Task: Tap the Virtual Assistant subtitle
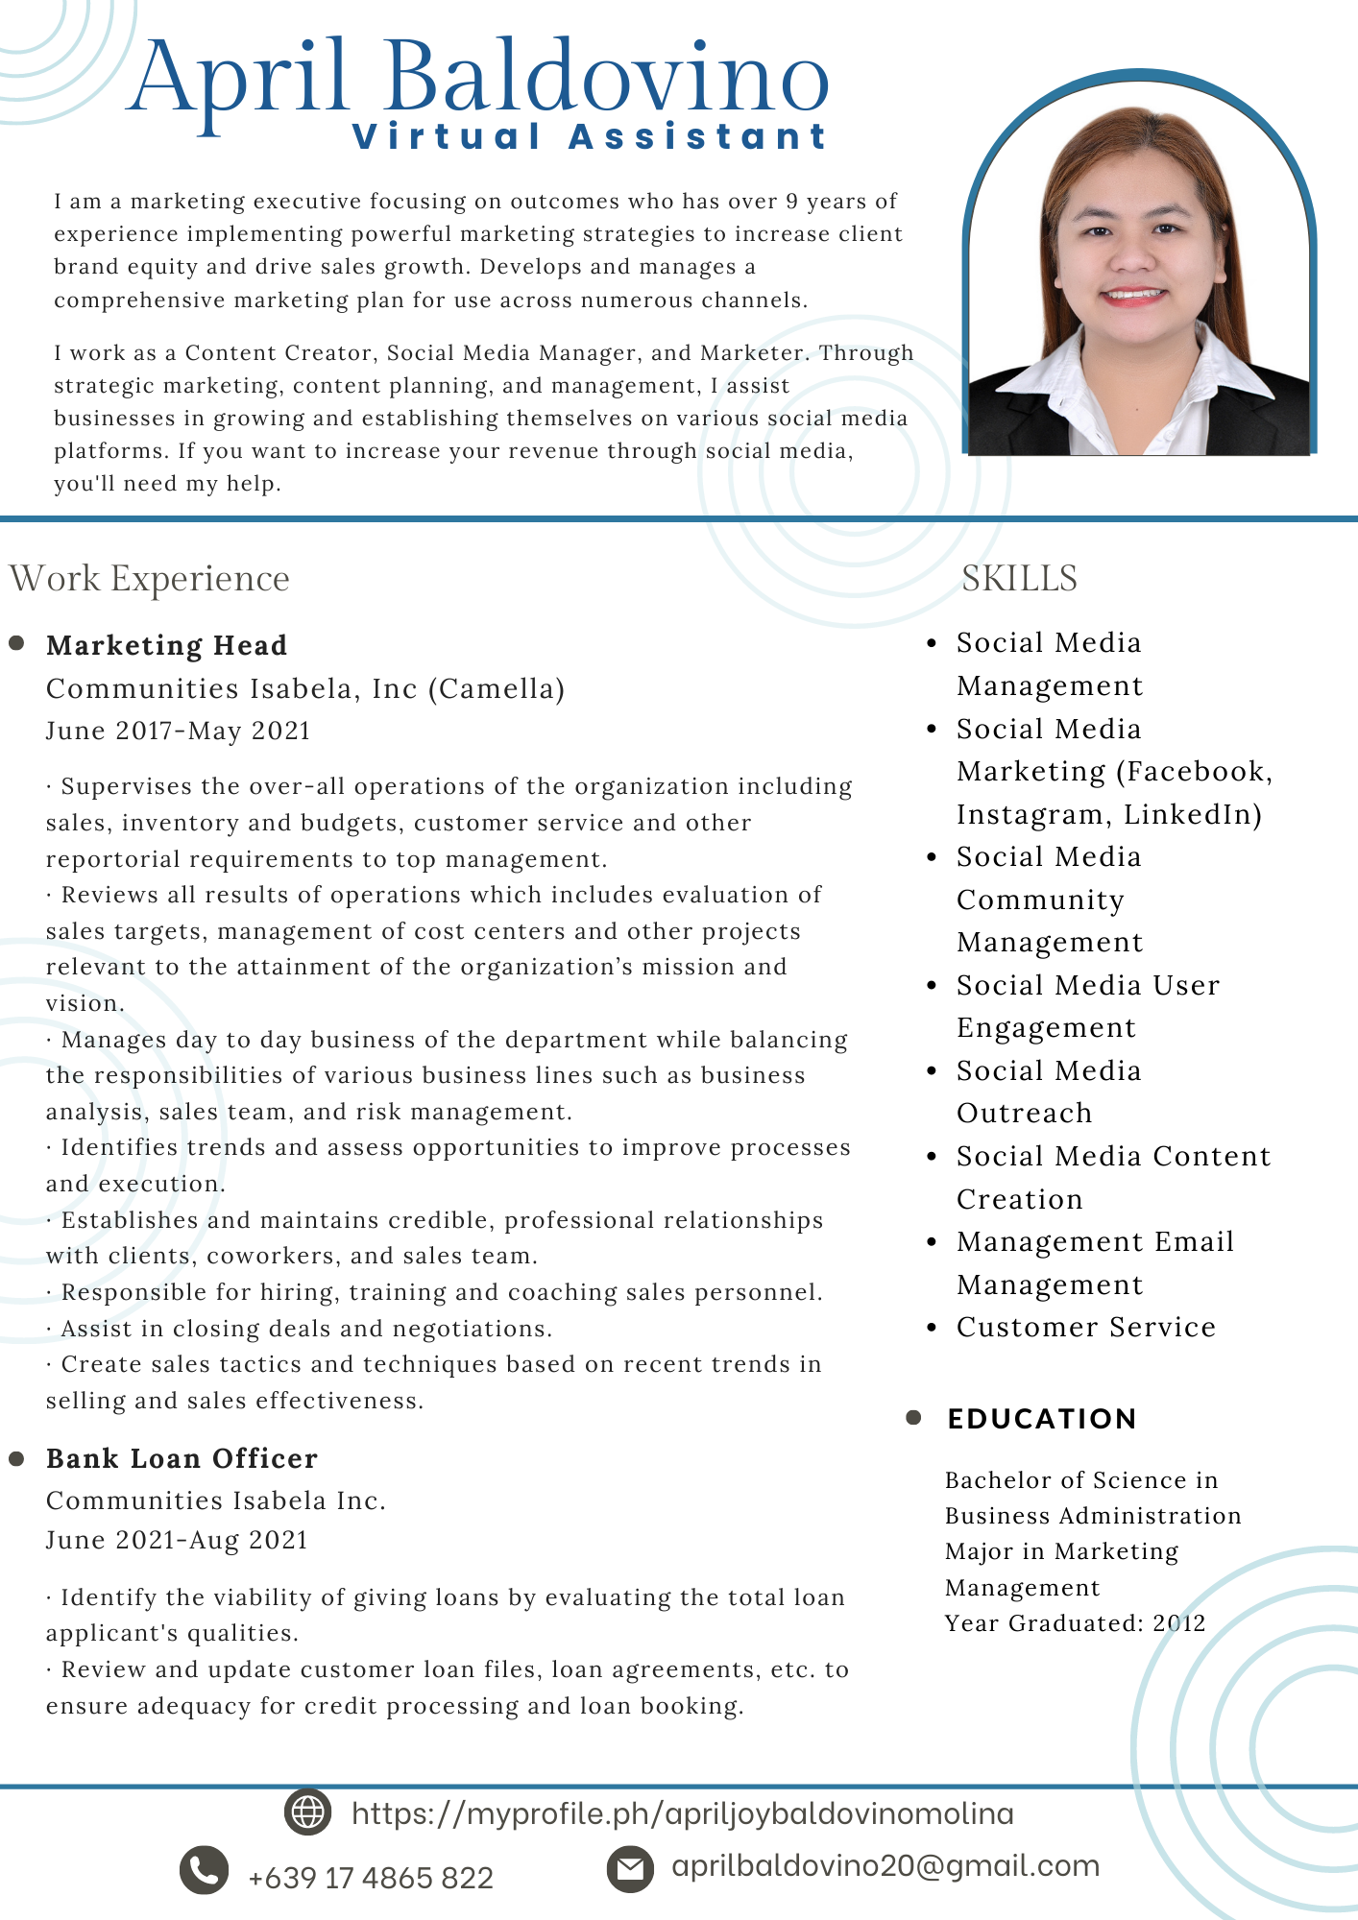pos(589,136)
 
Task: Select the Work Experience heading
pos(150,579)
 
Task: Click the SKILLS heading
pos(1019,579)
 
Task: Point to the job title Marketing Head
pos(166,645)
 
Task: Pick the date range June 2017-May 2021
pos(179,731)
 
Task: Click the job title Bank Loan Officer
pos(182,1458)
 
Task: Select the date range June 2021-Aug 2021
pos(177,1540)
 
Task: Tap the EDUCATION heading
pos(1042,1418)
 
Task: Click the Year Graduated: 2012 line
pos(1075,1622)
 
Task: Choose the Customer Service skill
pos(1086,1327)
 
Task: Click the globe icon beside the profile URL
pos(308,1812)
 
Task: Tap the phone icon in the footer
pos(205,1869)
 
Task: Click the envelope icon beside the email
pos(630,1868)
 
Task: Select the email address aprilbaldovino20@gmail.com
pos(885,1866)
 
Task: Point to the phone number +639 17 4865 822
pos(371,1878)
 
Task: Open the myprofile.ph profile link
pos(683,1813)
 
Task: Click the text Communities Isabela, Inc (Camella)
pos(305,688)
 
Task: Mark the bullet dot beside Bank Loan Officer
pos(16,1458)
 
